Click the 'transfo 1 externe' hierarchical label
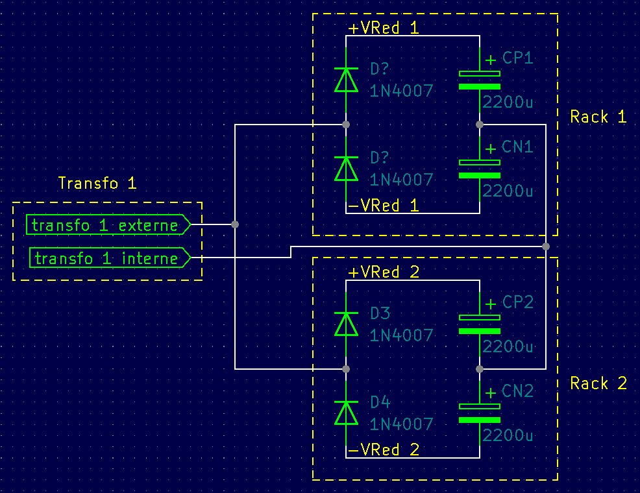click(108, 224)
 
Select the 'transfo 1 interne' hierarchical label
click(110, 258)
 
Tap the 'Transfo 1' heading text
click(97, 183)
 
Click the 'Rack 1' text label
click(598, 117)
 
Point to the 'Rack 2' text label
click(598, 383)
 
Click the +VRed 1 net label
click(384, 28)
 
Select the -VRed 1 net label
click(384, 205)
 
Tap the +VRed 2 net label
click(384, 272)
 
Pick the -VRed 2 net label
click(384, 450)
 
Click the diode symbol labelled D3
click(346, 324)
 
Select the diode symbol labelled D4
click(346, 413)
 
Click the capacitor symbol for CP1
click(480, 80)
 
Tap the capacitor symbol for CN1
click(480, 169)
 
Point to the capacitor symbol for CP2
click(480, 324)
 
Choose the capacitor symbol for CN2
click(480, 413)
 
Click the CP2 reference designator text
click(517, 302)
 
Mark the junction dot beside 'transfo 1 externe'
click(235, 224)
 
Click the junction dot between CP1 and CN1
click(480, 125)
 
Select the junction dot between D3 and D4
click(346, 369)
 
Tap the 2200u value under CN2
click(508, 435)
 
